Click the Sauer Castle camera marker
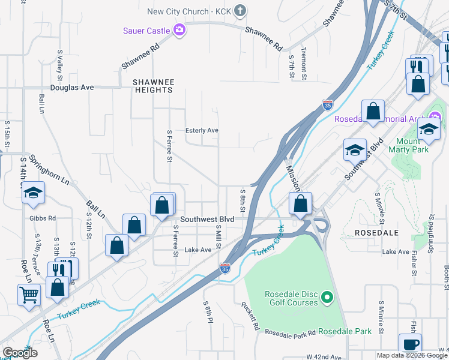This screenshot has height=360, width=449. coord(179,29)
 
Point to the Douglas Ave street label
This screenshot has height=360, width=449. coord(72,87)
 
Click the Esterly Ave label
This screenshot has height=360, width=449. coord(202,130)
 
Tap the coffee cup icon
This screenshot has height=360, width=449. coord(411,344)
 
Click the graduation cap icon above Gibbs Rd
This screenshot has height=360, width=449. coord(34,193)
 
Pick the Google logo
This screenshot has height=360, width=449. coord(20,353)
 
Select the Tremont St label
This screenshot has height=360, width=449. coord(304,64)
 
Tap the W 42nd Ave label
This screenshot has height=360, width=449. coord(324,356)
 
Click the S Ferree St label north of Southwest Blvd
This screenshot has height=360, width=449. coord(170,146)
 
